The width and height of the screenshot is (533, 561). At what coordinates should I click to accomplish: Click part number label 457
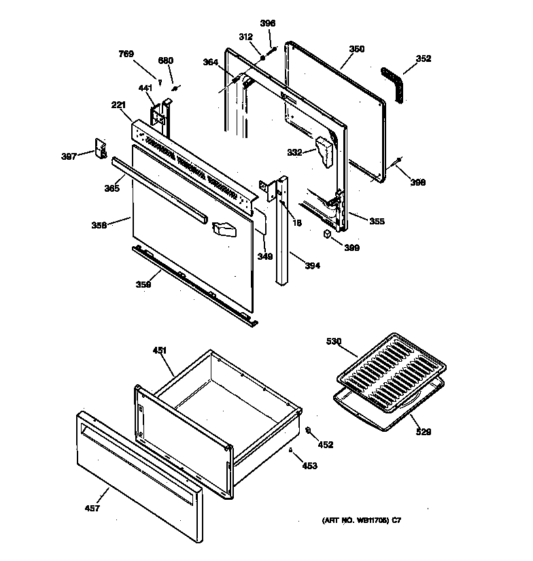tap(92, 508)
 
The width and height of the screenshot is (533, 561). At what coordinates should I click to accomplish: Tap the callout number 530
tap(334, 341)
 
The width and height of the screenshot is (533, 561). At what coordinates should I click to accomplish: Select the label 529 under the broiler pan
tap(423, 431)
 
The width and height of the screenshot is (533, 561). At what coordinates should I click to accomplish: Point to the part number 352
tap(423, 59)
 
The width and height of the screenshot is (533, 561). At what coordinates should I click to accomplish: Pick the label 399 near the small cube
tap(352, 248)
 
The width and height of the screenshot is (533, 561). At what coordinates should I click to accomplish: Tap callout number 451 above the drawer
tap(159, 351)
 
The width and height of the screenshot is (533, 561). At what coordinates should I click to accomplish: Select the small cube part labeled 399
tap(328, 233)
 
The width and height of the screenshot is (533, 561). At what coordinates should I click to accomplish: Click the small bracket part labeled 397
tap(103, 148)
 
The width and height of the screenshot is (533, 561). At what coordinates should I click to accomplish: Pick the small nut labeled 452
tap(307, 430)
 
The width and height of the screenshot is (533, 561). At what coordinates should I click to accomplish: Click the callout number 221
tap(119, 105)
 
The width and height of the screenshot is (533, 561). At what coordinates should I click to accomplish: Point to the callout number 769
tap(126, 54)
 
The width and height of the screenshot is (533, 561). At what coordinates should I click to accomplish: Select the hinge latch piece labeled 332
tap(324, 150)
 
